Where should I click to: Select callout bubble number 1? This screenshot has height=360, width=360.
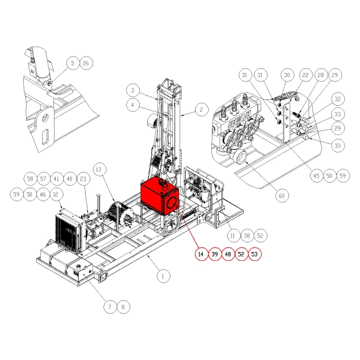coord(163,276)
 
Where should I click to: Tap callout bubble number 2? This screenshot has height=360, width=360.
coord(201,109)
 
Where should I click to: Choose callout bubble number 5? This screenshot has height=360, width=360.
coord(73,63)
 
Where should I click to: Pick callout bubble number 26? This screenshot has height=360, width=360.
coord(86,63)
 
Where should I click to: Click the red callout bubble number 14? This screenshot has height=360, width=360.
coord(201,254)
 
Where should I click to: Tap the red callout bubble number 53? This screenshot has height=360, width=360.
coord(255,254)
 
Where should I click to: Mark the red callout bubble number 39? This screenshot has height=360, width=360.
coord(214,254)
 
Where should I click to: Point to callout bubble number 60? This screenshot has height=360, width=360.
coord(281,195)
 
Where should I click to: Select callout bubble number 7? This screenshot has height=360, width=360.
coord(109,307)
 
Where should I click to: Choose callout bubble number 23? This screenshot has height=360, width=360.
coord(83,179)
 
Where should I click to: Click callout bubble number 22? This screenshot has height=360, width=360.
coord(305,75)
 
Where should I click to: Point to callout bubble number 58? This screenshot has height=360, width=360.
coord(30,179)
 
